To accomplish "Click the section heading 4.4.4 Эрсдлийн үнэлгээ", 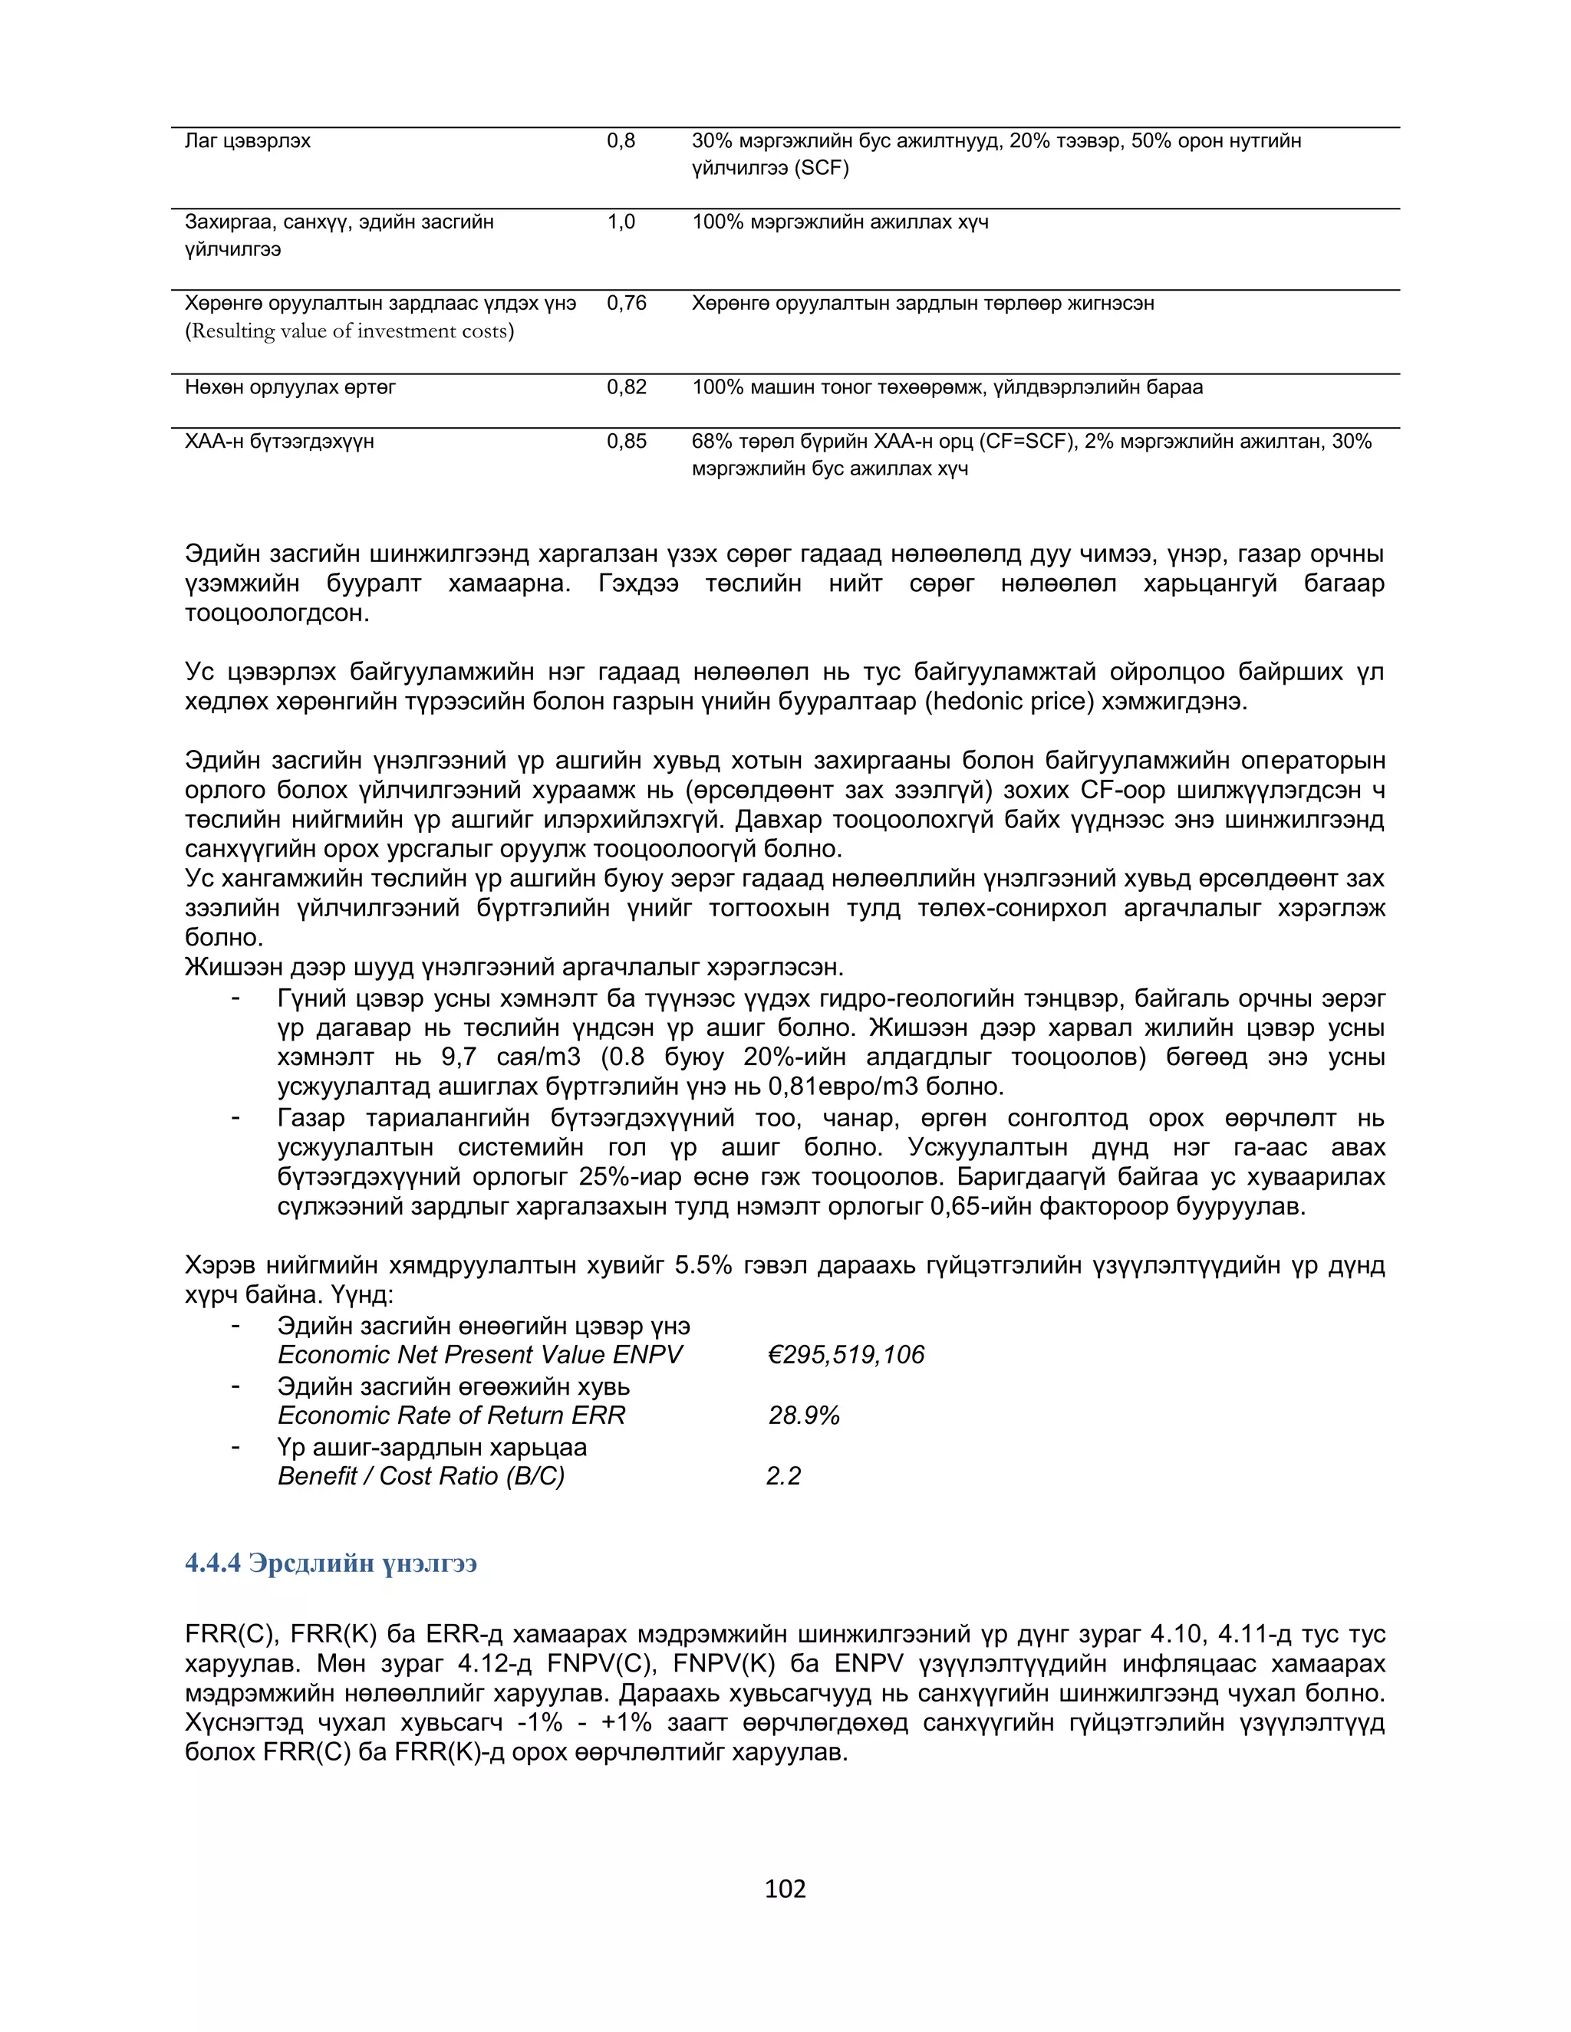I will (x=331, y=1562).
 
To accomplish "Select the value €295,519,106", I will (x=846, y=1355).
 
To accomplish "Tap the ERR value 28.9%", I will (x=804, y=1415).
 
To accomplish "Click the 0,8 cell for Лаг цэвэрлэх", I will (x=621, y=140).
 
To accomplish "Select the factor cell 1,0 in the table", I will (x=621, y=222).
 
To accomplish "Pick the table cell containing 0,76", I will (x=627, y=304).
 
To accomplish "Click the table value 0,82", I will (x=627, y=387).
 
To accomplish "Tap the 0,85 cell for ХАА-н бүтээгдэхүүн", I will (x=627, y=441).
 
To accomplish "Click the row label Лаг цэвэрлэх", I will (x=248, y=140).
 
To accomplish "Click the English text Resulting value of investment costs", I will (x=349, y=331).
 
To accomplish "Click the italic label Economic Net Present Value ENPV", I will (x=480, y=1355).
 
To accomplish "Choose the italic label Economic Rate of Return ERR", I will (x=451, y=1415).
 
